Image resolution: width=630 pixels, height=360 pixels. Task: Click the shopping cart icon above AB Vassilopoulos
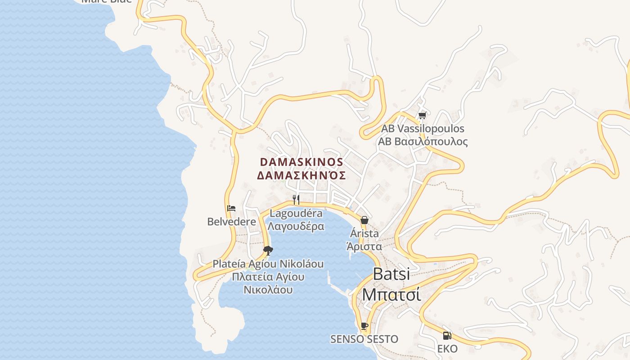422,116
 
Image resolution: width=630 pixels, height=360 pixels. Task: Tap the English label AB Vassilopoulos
423,129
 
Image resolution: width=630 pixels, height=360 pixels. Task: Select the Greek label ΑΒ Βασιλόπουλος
423,142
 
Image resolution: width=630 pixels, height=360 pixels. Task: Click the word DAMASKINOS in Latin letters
301,162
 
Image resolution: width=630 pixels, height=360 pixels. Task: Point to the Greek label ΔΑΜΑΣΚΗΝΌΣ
301,175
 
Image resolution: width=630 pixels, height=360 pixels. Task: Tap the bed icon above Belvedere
231,208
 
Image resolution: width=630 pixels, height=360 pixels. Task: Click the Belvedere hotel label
231,222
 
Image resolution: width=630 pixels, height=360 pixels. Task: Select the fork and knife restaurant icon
296,199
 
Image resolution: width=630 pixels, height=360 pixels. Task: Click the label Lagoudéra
296,213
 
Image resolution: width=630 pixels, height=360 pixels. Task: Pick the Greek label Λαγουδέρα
296,226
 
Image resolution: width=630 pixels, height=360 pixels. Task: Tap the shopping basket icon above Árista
364,220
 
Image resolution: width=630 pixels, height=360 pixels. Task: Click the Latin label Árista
364,234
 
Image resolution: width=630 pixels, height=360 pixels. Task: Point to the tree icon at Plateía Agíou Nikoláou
268,250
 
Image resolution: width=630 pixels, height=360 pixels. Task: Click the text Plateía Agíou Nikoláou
268,264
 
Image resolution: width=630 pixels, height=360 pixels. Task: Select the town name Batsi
391,274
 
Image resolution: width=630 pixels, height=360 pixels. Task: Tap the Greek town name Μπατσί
391,295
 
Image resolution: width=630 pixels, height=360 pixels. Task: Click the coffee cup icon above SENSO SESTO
364,326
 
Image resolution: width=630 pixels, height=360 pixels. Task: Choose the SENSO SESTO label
364,339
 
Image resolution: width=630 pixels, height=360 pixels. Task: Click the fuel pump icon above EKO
447,335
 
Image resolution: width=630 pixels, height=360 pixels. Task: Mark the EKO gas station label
447,349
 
